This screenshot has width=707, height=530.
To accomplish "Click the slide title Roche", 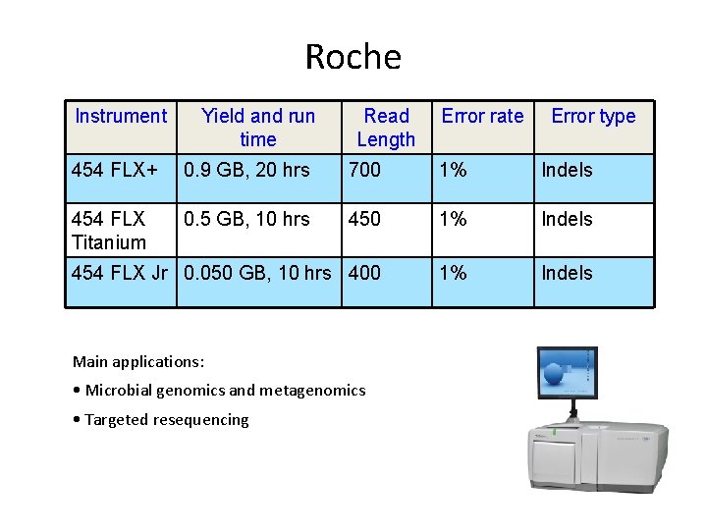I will (353, 57).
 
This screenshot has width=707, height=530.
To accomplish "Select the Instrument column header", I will (121, 116).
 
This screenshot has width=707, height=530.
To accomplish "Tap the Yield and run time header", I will (258, 128).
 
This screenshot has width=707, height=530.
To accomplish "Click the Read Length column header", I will (386, 128).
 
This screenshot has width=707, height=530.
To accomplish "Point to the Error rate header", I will (482, 116).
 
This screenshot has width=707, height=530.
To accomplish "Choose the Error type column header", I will (593, 116).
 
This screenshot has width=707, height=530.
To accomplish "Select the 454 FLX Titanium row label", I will (109, 230).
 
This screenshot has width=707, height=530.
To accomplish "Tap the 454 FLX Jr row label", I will (120, 273).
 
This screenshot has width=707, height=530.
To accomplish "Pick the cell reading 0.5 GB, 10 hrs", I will (246, 219).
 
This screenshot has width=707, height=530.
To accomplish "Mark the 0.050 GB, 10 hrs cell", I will (258, 273).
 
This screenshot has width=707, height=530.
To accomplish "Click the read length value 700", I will (364, 170).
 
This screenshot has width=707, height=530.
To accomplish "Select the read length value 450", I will (364, 219).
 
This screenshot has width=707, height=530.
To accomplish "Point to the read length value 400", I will (364, 273).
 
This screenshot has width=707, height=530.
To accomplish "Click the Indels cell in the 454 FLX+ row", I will (568, 170).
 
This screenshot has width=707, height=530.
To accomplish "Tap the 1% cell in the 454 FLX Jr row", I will (453, 273).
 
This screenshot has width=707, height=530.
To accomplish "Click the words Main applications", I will (138, 361).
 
